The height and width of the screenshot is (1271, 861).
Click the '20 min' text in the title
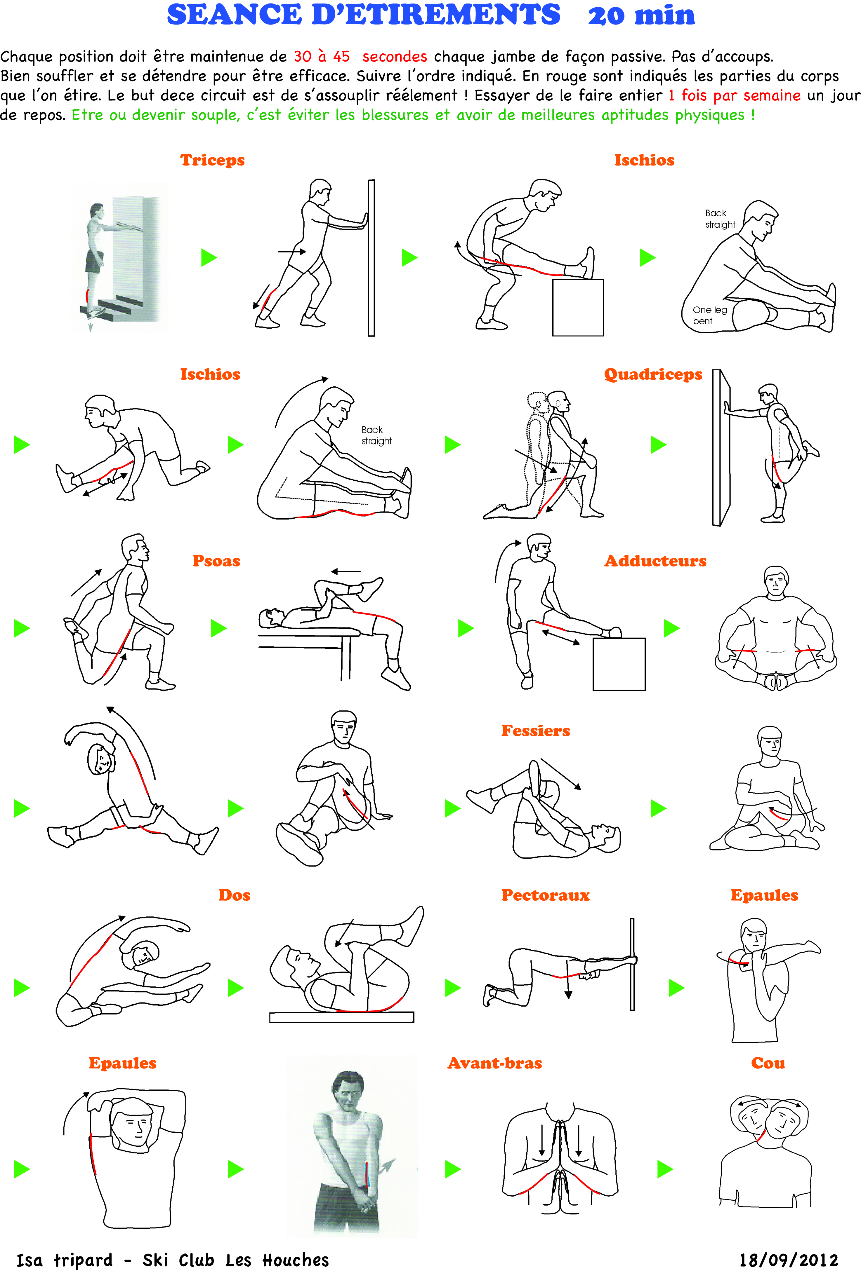coord(641,15)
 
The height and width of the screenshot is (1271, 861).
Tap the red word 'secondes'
coord(395,56)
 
